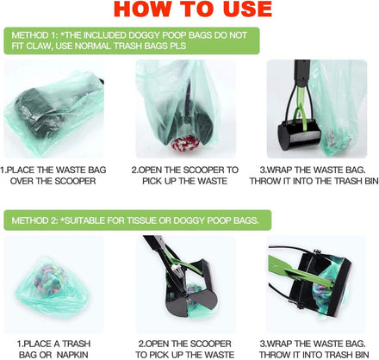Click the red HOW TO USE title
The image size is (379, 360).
[193, 9]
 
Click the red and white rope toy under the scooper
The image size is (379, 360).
[186, 142]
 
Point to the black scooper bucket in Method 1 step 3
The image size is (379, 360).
[300, 134]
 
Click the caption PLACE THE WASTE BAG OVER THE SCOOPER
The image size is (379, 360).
[53, 176]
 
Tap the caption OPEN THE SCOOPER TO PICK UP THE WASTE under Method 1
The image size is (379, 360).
[185, 176]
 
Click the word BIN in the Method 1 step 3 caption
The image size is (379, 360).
[370, 181]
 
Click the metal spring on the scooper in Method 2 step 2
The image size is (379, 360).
[176, 269]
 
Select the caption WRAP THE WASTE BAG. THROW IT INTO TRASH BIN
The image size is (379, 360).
[314, 349]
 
